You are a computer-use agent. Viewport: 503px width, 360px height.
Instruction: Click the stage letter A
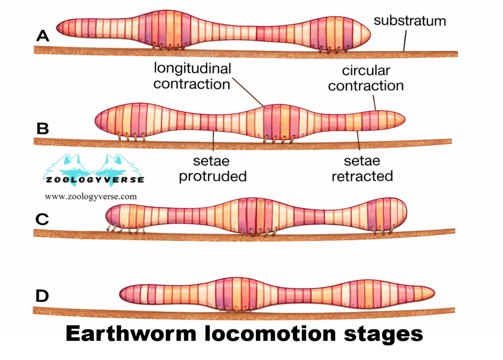point(43,35)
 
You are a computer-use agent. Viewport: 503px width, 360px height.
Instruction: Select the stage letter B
point(43,128)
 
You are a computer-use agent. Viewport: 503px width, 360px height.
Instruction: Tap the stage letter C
point(43,219)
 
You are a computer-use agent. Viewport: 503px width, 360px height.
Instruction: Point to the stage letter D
point(43,295)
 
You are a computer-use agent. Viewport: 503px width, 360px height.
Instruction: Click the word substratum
point(410,21)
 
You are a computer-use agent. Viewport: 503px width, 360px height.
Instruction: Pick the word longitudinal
point(192,68)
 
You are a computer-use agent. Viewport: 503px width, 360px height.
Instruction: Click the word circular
point(366,71)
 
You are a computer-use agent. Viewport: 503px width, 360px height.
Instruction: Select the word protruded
point(212,176)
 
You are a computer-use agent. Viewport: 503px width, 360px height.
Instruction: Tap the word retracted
point(362,176)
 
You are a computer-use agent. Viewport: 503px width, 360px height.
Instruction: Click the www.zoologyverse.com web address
point(91,196)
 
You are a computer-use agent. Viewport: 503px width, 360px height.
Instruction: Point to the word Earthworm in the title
point(130,331)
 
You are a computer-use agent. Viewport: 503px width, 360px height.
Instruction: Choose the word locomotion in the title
point(268,331)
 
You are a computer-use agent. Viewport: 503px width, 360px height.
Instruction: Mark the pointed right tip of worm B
point(404,119)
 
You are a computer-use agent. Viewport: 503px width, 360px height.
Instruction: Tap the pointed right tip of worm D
point(433,292)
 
